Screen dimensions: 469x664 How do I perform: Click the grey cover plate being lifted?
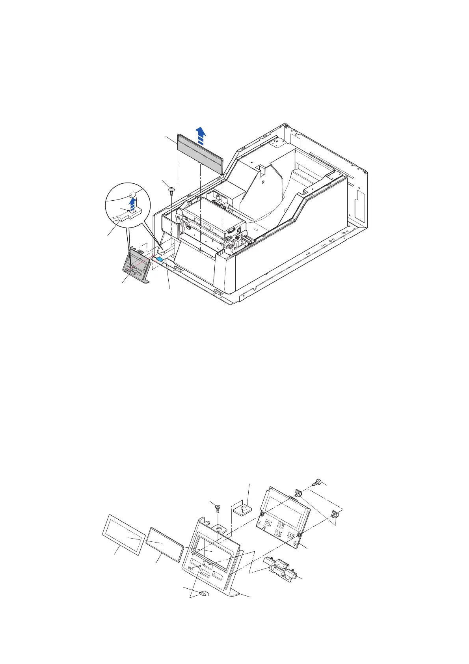200,151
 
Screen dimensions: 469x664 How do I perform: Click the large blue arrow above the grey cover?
201,134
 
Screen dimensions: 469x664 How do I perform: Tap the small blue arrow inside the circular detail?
133,204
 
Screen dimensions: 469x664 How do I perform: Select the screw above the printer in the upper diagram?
171,190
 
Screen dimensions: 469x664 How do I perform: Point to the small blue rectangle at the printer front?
159,259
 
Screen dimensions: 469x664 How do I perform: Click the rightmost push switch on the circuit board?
291,535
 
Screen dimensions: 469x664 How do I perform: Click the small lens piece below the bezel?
204,593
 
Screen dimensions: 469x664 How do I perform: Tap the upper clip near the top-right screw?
298,493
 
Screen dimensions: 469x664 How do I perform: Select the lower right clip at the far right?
336,515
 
